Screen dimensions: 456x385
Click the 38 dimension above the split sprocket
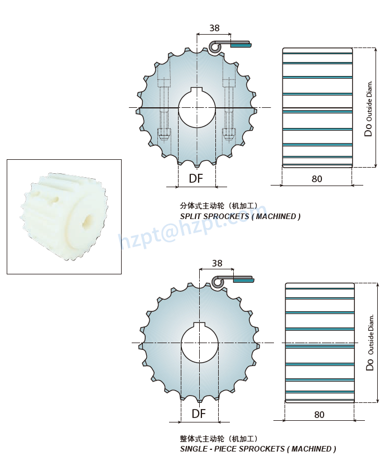214,28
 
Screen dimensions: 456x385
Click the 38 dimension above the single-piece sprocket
217,263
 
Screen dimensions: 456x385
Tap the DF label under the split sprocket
196,178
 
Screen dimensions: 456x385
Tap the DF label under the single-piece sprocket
199,414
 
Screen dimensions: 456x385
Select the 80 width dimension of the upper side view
317,179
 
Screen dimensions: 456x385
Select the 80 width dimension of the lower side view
319,415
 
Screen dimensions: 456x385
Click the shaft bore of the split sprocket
196,108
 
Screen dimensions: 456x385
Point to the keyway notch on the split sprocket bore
196,90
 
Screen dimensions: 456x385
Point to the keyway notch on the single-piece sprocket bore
199,325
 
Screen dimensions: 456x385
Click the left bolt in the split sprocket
164,109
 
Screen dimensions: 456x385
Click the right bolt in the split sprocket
229,109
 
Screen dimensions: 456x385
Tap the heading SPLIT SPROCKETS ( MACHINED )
240,216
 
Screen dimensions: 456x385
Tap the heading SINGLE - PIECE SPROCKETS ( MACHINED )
258,449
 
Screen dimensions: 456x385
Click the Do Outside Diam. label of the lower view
370,342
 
